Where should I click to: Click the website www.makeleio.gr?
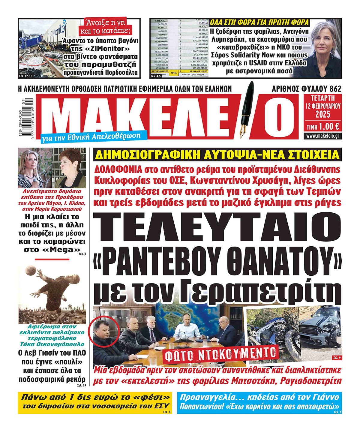pos(323,136)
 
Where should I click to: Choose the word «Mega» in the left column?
pos(65,250)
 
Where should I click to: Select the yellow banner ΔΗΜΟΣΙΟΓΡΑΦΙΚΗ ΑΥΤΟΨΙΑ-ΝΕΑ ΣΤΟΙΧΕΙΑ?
pos(217,155)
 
